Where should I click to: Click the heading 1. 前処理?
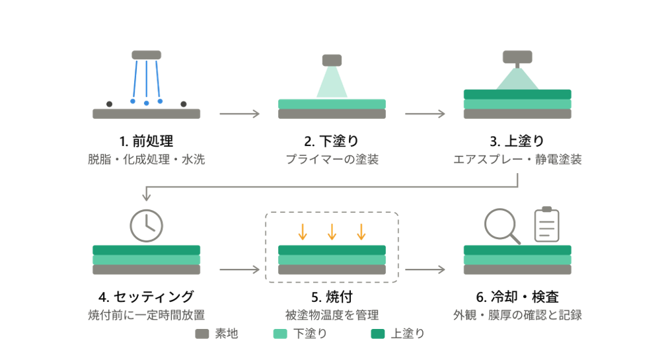(x=146, y=141)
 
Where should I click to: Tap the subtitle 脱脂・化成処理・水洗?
(x=146, y=159)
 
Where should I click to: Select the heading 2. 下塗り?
(x=332, y=141)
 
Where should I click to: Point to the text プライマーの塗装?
(x=332, y=159)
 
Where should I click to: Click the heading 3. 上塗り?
(x=517, y=141)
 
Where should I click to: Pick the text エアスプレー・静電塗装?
(x=517, y=159)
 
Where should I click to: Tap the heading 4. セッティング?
(x=146, y=297)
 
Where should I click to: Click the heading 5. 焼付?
(x=332, y=297)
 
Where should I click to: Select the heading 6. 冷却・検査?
(x=517, y=297)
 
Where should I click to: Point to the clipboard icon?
(x=546, y=225)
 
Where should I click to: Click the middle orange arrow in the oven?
(x=332, y=232)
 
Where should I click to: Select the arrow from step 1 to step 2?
(x=239, y=114)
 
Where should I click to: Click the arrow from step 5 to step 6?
(x=425, y=270)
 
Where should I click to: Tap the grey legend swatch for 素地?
(x=202, y=334)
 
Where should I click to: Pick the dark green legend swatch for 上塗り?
(x=378, y=334)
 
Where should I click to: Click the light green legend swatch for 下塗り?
(x=280, y=334)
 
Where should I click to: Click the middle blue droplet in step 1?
(x=147, y=103)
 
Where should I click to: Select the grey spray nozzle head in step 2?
(x=332, y=60)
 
